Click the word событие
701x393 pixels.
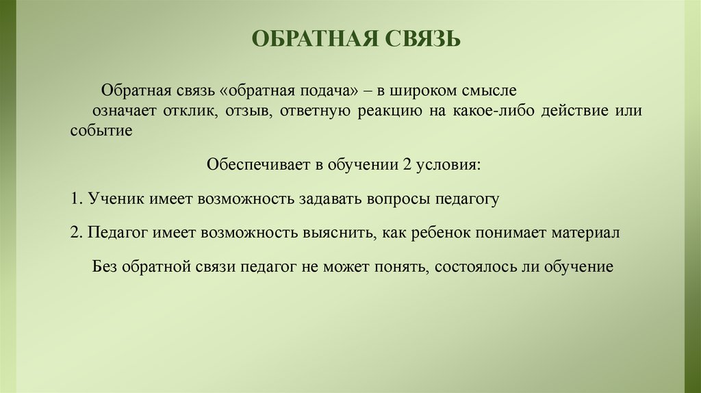pyautogui.click(x=101, y=131)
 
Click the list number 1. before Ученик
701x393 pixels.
pyautogui.click(x=76, y=200)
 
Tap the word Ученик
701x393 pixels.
pyautogui.click(x=112, y=200)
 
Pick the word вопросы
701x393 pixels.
pyautogui.click(x=403, y=200)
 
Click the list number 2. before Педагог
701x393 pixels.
pyautogui.click(x=76, y=233)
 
